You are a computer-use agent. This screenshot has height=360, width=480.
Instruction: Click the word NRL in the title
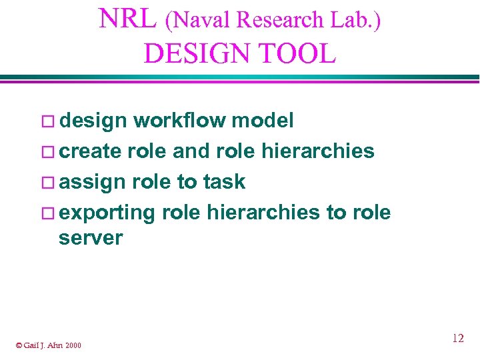click(127, 19)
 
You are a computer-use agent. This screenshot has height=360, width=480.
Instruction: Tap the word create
click(90, 151)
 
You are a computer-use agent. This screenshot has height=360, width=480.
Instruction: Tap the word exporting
click(107, 213)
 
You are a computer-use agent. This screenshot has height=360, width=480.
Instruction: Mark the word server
click(91, 238)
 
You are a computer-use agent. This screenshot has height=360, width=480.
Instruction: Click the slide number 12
click(457, 338)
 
